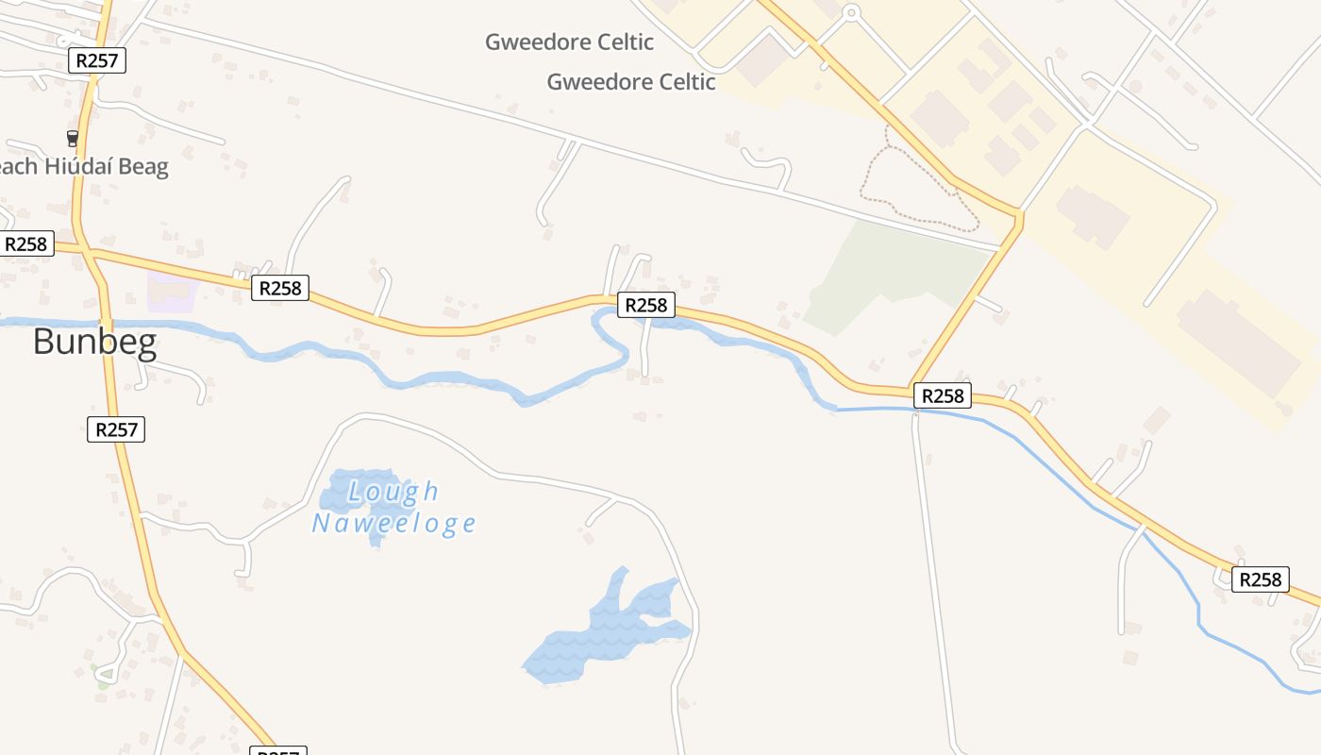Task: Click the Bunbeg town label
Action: tap(94, 342)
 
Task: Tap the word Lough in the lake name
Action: tap(393, 492)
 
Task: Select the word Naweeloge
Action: tap(393, 523)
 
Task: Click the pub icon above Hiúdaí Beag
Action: tap(73, 138)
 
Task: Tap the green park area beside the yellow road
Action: tap(887, 274)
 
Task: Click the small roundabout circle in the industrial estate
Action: tap(851, 13)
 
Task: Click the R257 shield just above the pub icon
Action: tap(97, 61)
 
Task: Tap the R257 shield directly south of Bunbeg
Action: tap(117, 429)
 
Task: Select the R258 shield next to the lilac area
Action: tap(280, 288)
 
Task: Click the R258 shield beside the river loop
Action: tap(646, 305)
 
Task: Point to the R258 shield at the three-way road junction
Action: tap(943, 395)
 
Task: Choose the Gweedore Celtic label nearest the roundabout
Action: tap(631, 82)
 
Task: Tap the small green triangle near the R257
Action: tap(106, 674)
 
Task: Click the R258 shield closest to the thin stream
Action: tap(1260, 579)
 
